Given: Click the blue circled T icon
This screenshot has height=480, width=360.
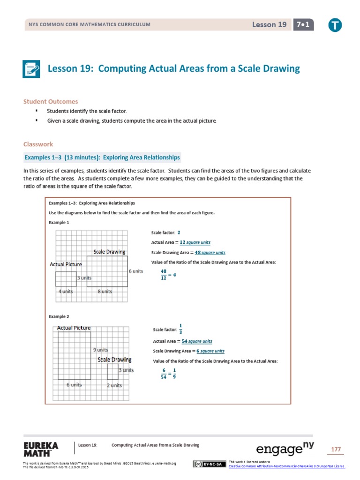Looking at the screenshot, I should [x=335, y=25].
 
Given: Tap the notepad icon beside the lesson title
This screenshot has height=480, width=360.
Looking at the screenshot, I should [x=32, y=69].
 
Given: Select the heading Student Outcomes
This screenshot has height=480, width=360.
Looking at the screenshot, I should [x=51, y=101].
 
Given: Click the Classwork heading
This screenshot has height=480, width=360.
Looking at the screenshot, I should [x=38, y=144].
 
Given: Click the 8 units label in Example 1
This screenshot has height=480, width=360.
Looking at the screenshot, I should [x=105, y=291].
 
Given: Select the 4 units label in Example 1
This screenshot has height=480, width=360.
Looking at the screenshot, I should [x=66, y=291].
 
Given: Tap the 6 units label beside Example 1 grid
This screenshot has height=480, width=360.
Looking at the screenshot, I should [x=136, y=271].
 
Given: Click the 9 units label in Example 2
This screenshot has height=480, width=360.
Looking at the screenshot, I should [x=100, y=350].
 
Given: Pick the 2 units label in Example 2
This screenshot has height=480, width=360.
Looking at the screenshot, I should [x=114, y=385].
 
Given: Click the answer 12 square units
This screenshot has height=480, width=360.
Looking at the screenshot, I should [x=195, y=242].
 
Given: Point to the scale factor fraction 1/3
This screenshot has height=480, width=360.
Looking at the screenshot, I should [x=181, y=329].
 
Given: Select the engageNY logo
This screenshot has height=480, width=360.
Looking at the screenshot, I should [x=285, y=449].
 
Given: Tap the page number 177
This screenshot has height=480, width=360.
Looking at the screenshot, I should [x=336, y=449].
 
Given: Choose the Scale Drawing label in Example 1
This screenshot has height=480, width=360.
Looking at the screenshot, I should [x=109, y=252].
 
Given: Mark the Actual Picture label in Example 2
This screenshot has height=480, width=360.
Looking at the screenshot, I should [x=74, y=328].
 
